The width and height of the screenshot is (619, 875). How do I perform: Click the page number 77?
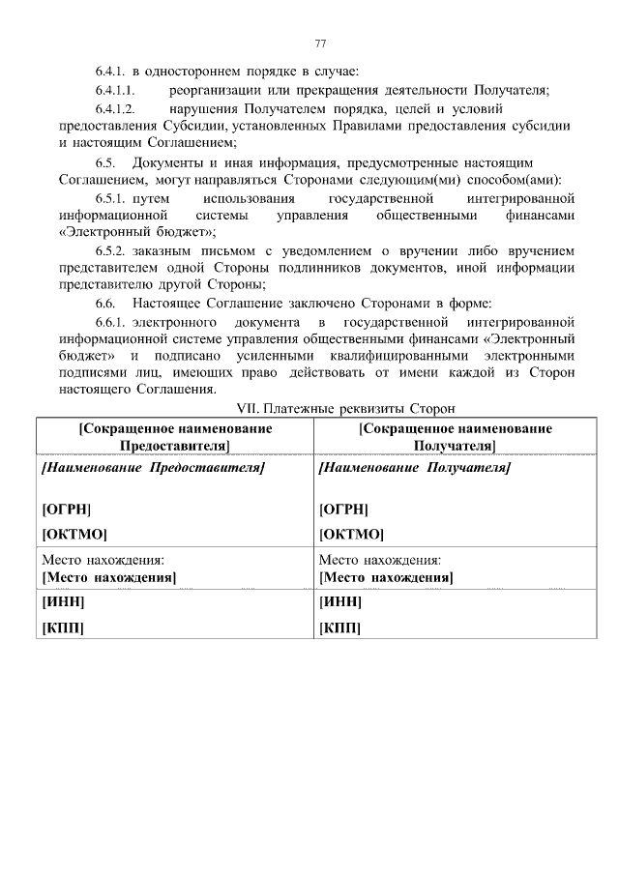click(x=319, y=44)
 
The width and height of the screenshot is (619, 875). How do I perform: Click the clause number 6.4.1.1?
click(x=119, y=90)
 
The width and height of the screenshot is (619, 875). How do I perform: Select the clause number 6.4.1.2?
click(x=119, y=108)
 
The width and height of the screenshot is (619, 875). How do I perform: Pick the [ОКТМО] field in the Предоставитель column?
click(x=74, y=534)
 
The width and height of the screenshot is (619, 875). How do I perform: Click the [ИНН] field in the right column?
click(x=339, y=602)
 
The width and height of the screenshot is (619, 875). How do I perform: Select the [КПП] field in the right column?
click(x=339, y=627)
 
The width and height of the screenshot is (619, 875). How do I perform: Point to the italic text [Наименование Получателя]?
click(x=414, y=467)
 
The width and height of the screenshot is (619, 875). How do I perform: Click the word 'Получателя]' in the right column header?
click(x=455, y=445)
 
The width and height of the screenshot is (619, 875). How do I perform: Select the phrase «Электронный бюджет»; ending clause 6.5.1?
click(x=137, y=232)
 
